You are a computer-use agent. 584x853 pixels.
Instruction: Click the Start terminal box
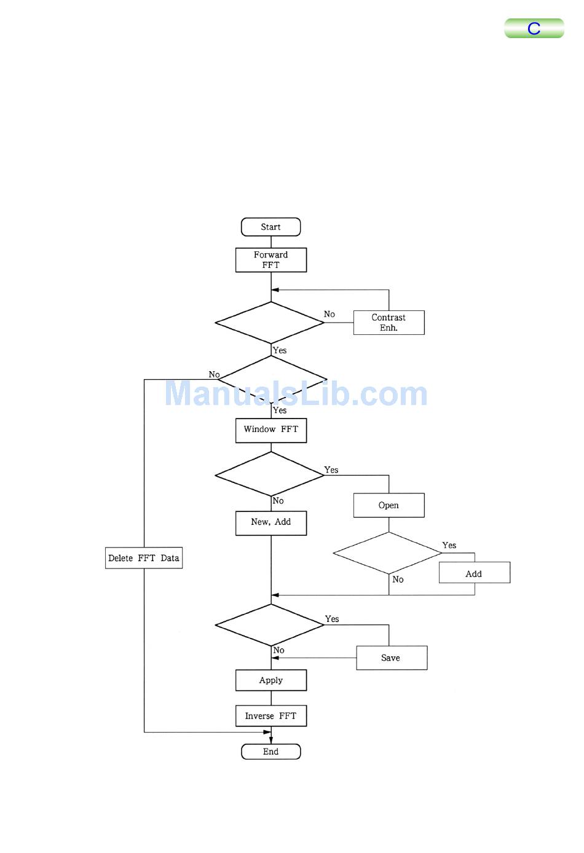tap(270, 227)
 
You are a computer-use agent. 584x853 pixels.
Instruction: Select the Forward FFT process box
tap(270, 260)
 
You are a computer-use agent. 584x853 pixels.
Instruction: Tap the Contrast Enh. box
tap(389, 323)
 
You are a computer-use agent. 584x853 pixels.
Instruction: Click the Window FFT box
tap(270, 430)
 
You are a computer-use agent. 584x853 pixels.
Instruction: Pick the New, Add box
tap(270, 523)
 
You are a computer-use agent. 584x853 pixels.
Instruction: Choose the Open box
tap(389, 505)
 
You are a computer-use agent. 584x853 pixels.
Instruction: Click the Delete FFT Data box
tap(144, 558)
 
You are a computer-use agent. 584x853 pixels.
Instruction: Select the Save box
tap(391, 658)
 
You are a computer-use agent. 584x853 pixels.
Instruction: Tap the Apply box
tap(270, 680)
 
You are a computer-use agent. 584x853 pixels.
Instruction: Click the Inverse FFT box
tap(270, 716)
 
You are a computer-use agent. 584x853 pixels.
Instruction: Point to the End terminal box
tap(270, 752)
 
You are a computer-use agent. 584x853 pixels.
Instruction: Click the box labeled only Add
tap(474, 573)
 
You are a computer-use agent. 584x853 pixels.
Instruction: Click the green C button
tap(534, 28)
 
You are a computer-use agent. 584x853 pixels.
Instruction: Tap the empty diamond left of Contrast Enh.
tap(269, 323)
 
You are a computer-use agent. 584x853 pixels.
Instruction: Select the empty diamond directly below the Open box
tap(387, 553)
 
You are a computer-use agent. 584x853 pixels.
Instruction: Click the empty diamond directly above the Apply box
tap(269, 624)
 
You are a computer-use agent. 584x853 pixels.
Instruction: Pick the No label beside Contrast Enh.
tap(329, 314)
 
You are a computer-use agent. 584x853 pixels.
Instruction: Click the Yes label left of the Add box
tap(449, 545)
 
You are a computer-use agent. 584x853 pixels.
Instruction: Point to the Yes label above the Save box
tap(332, 619)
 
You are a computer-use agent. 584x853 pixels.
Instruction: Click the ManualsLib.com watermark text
tap(296, 394)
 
